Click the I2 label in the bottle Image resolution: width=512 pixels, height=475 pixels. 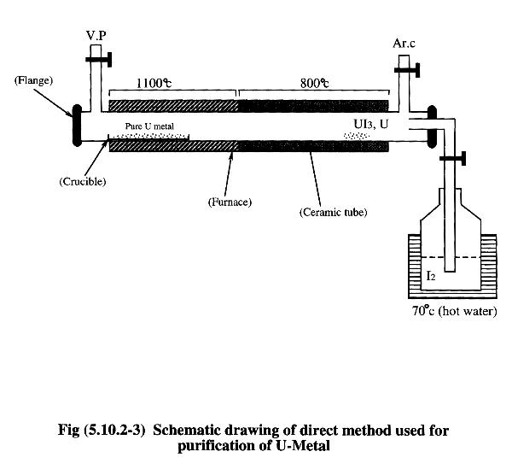[x=433, y=279]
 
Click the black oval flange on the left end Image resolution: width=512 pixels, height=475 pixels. [x=78, y=126]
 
